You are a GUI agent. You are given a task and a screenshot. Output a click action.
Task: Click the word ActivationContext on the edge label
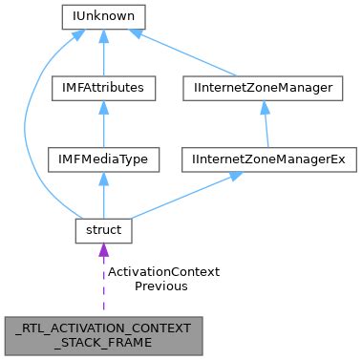(x=163, y=272)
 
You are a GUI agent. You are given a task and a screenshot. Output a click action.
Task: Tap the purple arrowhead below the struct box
(x=102, y=250)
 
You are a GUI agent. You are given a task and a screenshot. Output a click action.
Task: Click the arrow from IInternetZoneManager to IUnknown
(x=191, y=53)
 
